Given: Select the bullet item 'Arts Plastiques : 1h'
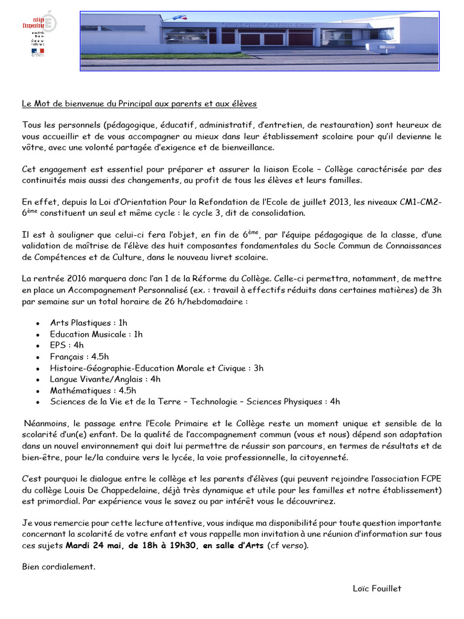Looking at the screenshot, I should point(89,323).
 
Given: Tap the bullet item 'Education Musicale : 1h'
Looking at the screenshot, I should point(96,334).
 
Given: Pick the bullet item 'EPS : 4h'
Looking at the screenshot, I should point(67,345).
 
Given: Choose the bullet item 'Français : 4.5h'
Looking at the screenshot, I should point(79,357).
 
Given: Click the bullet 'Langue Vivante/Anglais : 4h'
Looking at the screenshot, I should point(105,379).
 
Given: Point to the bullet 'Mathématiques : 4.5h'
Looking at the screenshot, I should point(93,391).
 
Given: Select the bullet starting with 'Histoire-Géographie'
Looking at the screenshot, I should point(156,368).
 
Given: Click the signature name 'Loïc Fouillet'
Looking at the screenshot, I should point(377,588).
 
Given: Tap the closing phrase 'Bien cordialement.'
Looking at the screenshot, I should point(59,566).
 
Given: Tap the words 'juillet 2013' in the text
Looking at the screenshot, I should point(347,202).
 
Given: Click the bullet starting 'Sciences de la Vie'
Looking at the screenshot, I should point(195,401).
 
